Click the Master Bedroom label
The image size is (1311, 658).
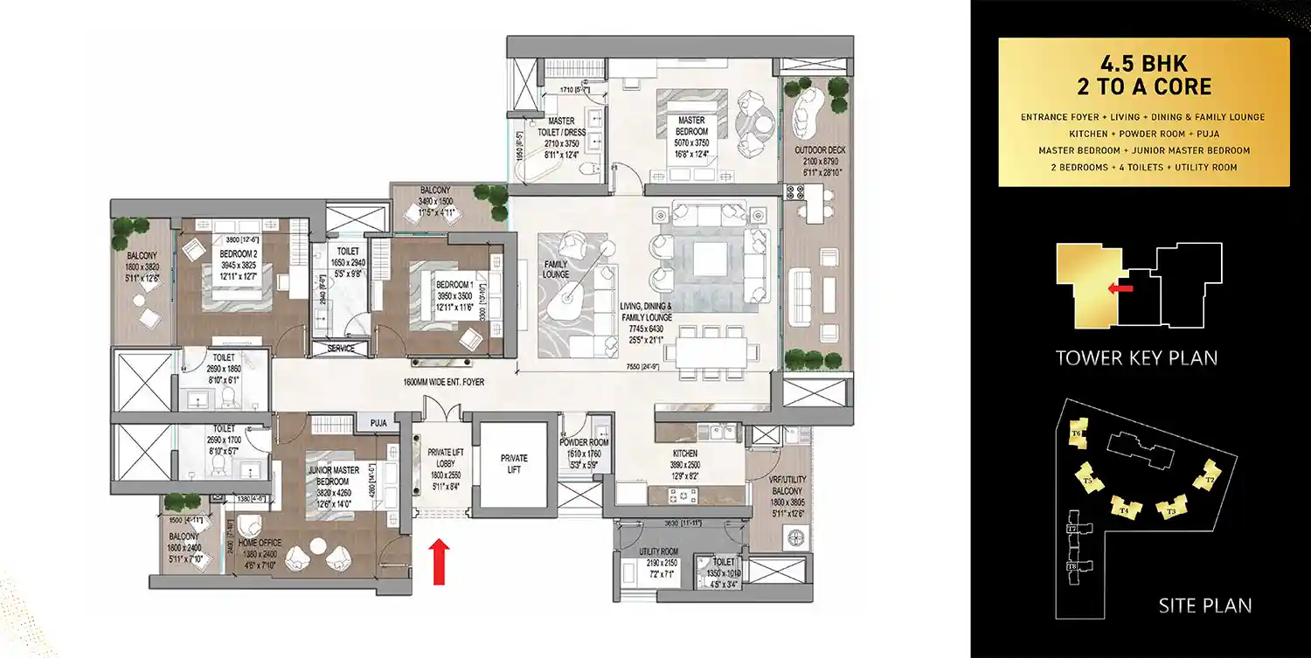tap(691, 126)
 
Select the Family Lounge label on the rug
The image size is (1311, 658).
tap(555, 268)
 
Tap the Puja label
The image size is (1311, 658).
tap(378, 423)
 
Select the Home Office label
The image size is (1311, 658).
tap(258, 543)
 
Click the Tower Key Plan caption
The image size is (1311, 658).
tap(1136, 357)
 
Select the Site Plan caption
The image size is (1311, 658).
tap(1204, 605)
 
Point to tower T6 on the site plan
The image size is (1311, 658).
tap(1078, 433)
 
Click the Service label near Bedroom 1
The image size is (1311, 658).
tap(341, 348)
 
